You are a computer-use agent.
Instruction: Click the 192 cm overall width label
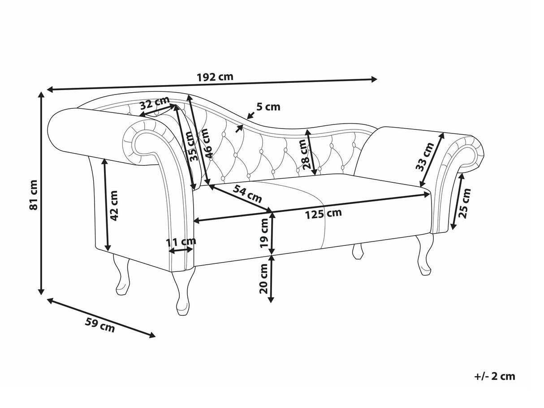(x=215, y=76)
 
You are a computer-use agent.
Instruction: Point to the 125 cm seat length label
(x=323, y=214)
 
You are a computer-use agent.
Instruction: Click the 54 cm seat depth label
(x=247, y=194)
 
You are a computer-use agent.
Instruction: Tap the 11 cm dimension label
(x=181, y=242)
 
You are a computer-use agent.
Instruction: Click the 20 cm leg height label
(x=264, y=278)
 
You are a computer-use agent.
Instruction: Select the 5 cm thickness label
(x=268, y=107)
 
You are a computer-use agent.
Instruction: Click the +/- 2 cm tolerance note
(x=494, y=376)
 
